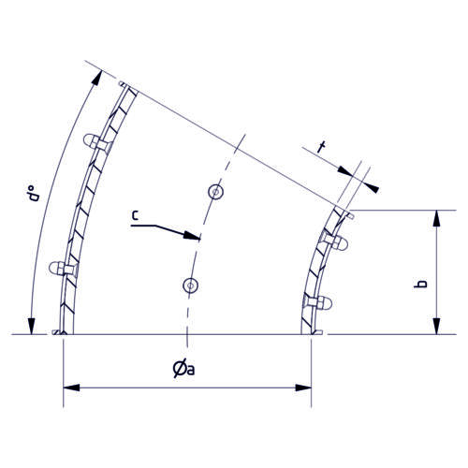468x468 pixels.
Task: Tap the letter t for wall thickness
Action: coord(322,146)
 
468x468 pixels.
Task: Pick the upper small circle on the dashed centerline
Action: coord(215,193)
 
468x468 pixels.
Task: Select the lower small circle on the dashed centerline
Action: coord(190,285)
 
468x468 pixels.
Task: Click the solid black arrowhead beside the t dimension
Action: coord(373,187)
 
